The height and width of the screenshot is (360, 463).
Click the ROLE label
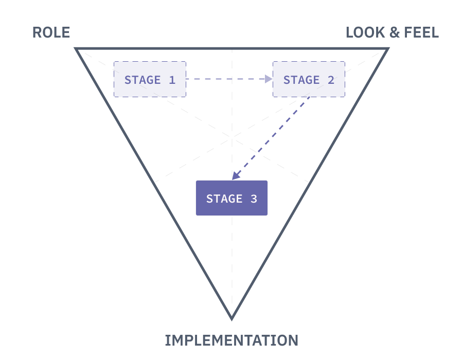[x=51, y=33]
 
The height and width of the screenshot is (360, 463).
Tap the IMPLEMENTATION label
[x=232, y=340]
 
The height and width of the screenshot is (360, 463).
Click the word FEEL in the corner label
[x=420, y=33]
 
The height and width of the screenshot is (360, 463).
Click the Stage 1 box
[x=150, y=79]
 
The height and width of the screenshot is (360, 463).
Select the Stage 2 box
[x=309, y=79]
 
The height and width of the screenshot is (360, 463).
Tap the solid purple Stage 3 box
[x=232, y=198]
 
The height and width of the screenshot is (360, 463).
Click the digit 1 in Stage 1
[x=171, y=80]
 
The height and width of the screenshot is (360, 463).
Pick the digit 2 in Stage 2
[x=330, y=80]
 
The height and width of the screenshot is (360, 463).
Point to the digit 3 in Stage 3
[x=253, y=199]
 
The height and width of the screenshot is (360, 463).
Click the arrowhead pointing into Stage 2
[x=269, y=79]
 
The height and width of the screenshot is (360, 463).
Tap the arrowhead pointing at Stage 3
[x=235, y=176]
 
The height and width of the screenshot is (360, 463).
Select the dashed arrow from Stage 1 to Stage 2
[x=226, y=79]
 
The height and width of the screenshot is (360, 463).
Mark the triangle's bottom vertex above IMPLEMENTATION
[x=232, y=318]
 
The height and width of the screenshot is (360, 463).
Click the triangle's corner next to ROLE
[x=77, y=49]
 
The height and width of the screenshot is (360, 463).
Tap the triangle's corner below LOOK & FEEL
[x=387, y=49]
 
